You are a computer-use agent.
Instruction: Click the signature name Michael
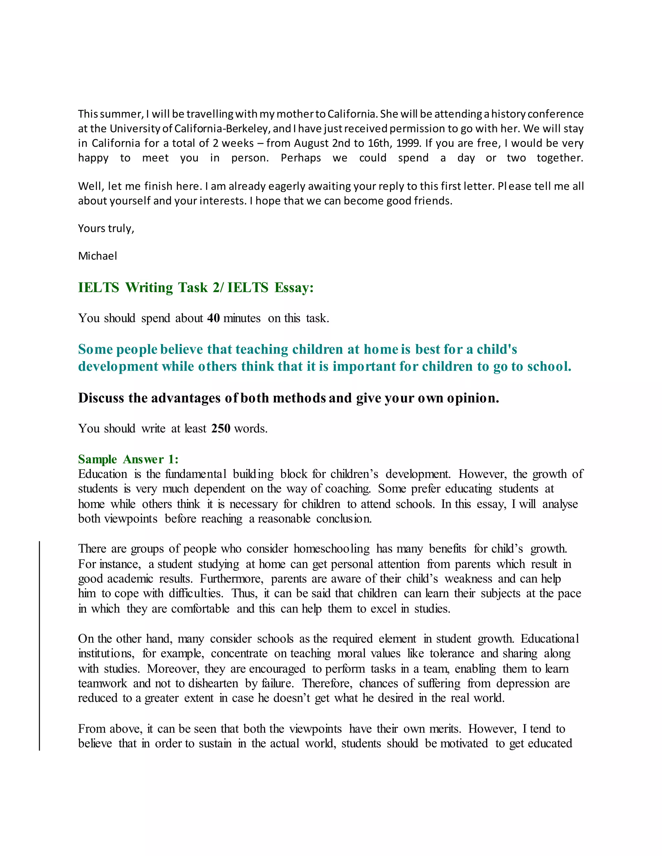click(97, 256)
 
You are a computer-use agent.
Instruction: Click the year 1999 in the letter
click(408, 143)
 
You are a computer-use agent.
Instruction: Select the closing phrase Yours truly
click(106, 228)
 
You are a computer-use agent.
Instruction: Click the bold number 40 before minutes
click(213, 318)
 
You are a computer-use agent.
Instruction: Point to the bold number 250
click(220, 428)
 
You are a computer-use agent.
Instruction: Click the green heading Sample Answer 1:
click(128, 459)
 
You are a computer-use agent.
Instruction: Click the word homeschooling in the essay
click(331, 549)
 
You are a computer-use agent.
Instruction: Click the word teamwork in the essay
click(102, 684)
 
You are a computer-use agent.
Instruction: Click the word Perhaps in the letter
click(301, 158)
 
